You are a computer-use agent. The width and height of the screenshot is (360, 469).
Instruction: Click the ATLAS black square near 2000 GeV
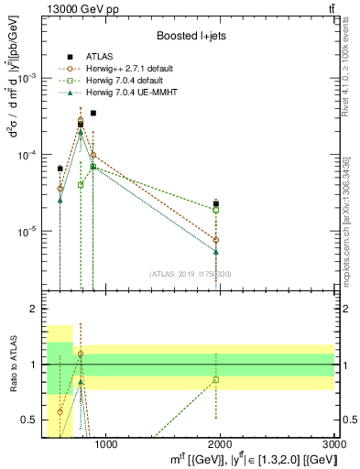tap(216, 203)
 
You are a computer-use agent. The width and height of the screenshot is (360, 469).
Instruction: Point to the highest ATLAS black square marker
tap(93, 113)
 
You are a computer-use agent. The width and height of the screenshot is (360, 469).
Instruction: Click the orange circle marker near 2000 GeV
tap(216, 240)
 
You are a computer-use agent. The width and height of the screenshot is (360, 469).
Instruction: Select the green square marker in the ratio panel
tap(216, 379)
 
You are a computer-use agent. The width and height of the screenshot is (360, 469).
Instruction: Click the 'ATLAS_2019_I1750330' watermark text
tap(193, 274)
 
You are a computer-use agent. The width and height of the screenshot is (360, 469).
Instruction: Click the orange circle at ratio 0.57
tap(60, 412)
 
